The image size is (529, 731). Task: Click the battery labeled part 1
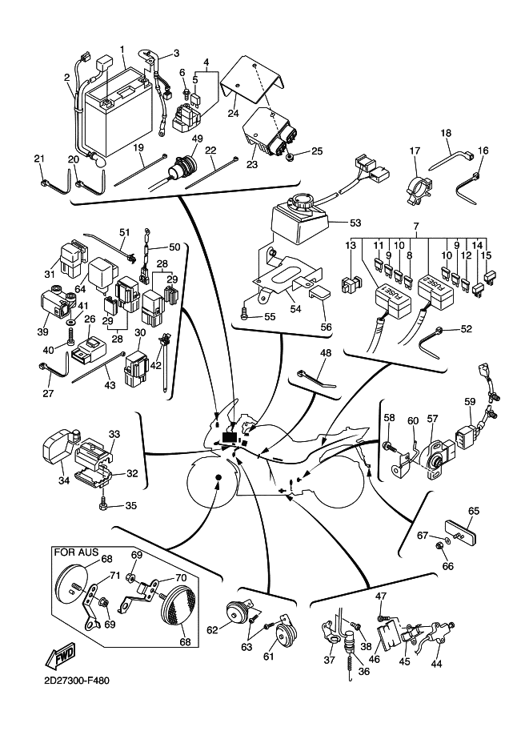click(120, 120)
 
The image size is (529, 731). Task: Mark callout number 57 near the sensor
click(432, 418)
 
